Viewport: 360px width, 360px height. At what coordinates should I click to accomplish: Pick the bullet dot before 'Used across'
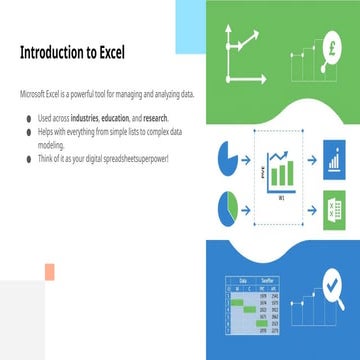[29, 118]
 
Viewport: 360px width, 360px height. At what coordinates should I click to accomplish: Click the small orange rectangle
[47, 272]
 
